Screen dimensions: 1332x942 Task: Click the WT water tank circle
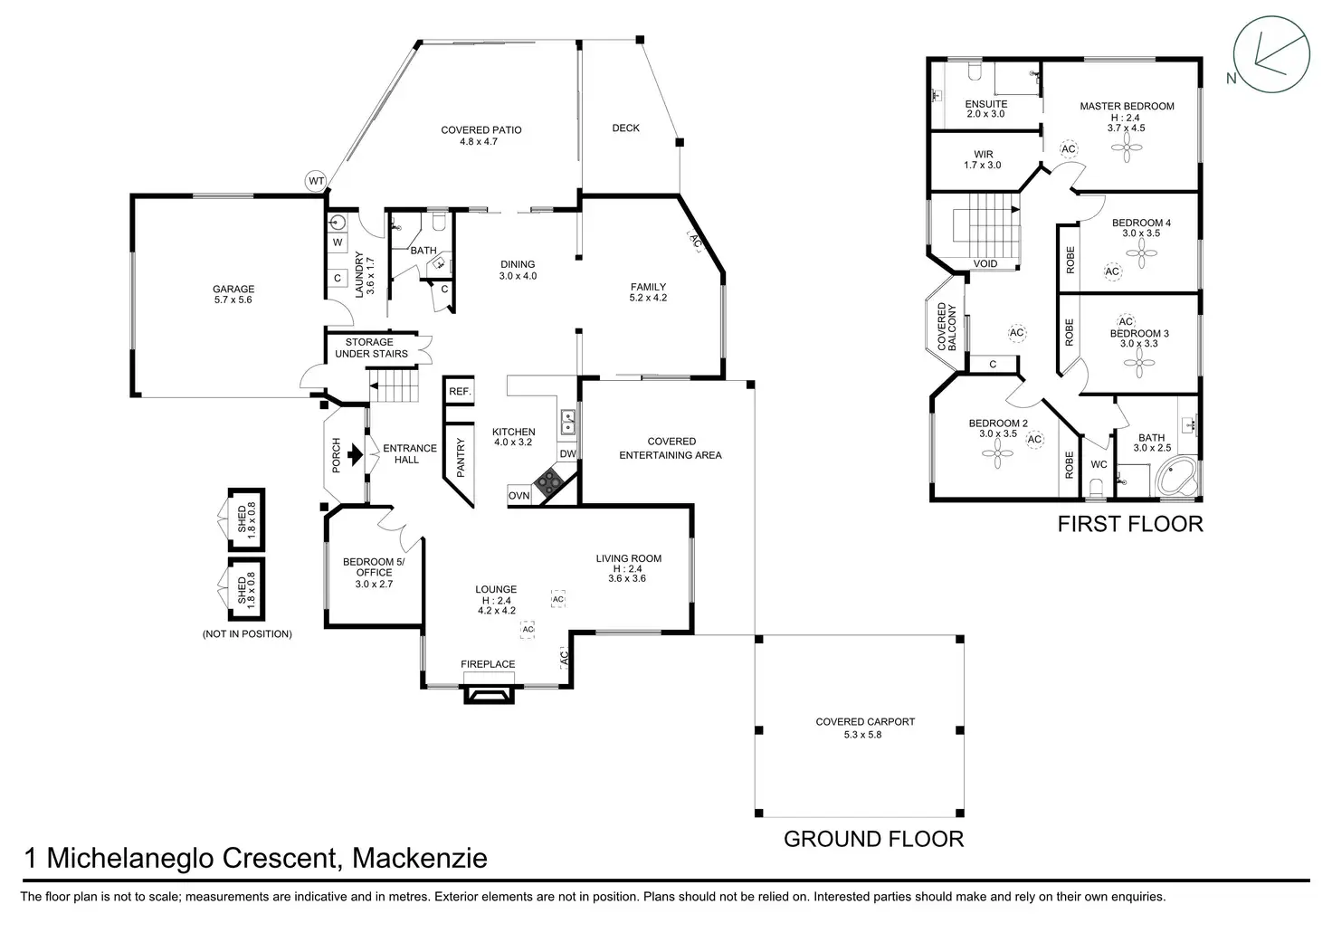pos(316,181)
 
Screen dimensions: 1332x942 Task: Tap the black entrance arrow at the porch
pos(355,454)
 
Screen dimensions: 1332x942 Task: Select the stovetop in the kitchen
pos(548,481)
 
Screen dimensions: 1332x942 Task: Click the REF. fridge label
pos(460,391)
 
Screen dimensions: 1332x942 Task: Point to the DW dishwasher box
pos(568,453)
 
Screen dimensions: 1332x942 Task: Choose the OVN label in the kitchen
pos(519,495)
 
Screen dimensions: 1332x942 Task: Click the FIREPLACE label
pos(488,663)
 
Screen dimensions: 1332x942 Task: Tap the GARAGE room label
pos(233,289)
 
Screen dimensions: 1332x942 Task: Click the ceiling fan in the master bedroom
pos(1127,147)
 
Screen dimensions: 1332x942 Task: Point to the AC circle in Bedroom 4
pos(1112,271)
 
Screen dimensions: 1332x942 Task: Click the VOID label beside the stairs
pos(985,263)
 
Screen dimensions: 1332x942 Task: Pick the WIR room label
pos(984,154)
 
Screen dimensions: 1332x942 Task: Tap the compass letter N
pos(1232,78)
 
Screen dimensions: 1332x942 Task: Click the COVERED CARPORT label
pos(865,721)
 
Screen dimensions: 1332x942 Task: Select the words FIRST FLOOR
pos(1130,524)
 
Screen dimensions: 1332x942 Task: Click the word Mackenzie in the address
pos(420,858)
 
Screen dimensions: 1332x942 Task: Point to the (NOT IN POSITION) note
pos(247,634)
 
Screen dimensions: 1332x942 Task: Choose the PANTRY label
pos(461,458)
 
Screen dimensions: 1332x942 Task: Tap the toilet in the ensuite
pos(974,71)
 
